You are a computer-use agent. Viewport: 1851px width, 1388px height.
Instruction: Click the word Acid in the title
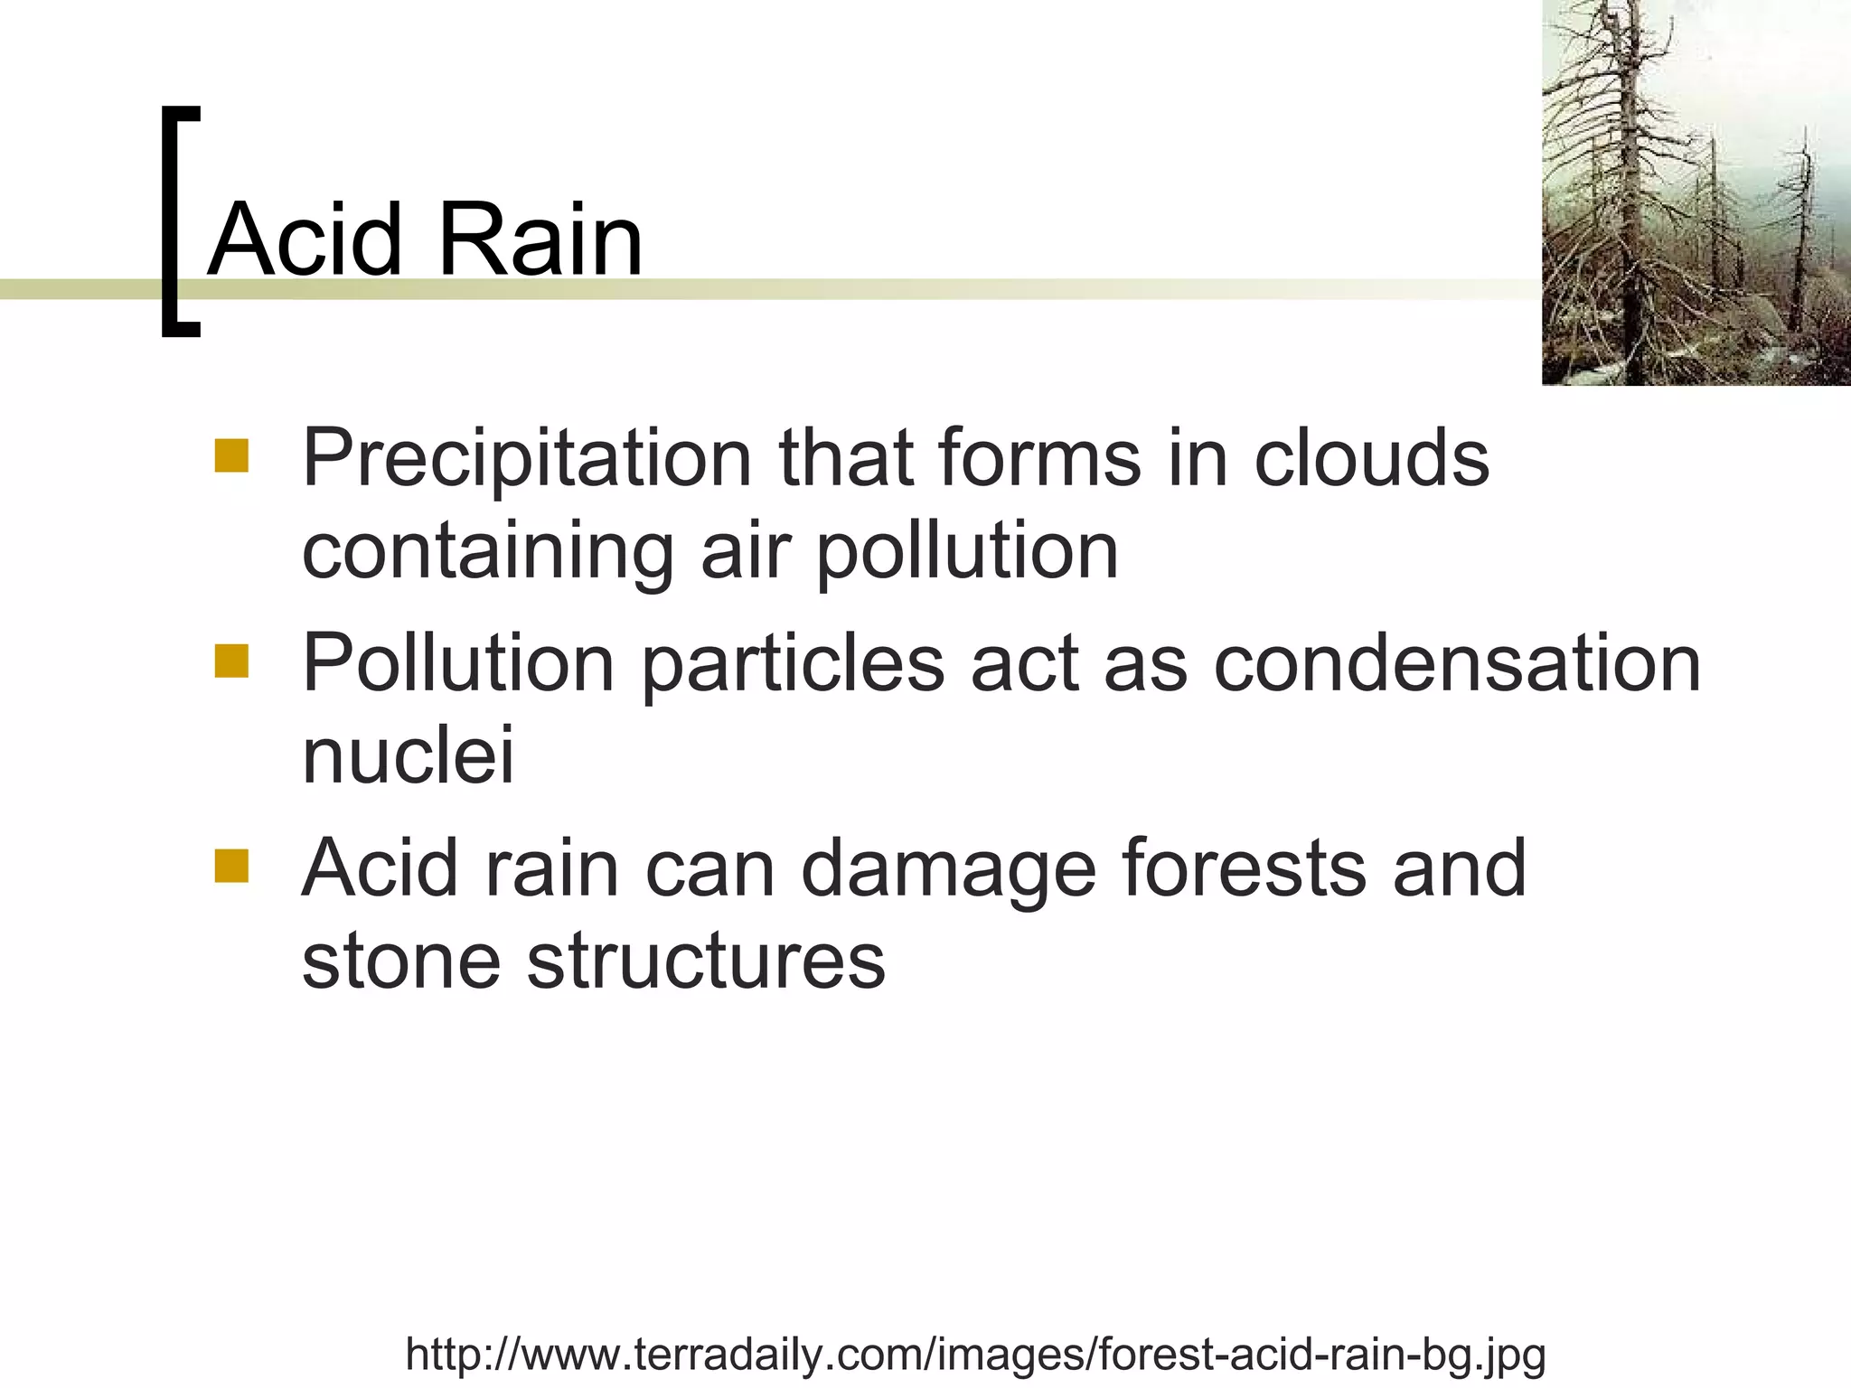(x=304, y=239)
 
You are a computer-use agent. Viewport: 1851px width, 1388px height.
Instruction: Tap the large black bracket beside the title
(x=178, y=221)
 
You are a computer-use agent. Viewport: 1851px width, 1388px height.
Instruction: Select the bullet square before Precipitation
(x=231, y=456)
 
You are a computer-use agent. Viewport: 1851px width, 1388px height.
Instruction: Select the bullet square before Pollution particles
(x=231, y=661)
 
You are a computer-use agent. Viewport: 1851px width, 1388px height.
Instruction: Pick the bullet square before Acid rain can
(x=231, y=866)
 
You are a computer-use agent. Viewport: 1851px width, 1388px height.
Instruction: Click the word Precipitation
(x=527, y=458)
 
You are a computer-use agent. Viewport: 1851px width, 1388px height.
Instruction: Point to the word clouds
(x=1371, y=458)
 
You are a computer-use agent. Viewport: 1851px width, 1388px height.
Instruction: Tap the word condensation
(x=1457, y=664)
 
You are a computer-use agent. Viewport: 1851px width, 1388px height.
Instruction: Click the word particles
(x=793, y=664)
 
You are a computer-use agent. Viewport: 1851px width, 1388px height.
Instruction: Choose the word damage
(x=948, y=870)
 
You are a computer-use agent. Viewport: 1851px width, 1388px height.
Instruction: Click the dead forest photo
(x=1696, y=192)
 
